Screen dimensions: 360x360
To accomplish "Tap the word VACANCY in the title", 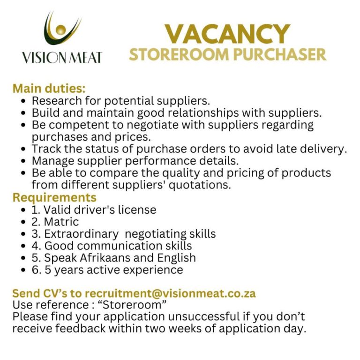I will coord(227,34).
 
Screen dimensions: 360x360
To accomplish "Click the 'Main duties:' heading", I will coord(49,88).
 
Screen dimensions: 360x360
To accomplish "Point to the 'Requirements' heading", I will coord(54,197).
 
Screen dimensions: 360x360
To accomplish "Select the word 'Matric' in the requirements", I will coord(61,222).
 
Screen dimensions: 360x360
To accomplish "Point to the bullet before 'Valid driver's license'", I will coord(24,210).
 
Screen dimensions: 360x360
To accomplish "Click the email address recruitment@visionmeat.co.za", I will coord(170,294).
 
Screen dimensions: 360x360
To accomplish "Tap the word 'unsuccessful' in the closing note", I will coord(187,316).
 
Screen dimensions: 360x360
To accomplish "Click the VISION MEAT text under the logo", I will coord(61,58).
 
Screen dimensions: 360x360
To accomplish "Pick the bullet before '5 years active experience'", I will coord(24,270).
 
